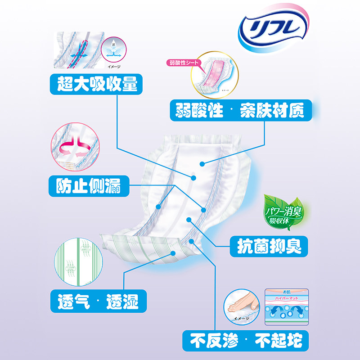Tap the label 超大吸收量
(x=94, y=84)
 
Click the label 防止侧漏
(x=88, y=185)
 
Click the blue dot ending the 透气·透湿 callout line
(x=173, y=253)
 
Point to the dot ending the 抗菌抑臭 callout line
(x=188, y=220)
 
